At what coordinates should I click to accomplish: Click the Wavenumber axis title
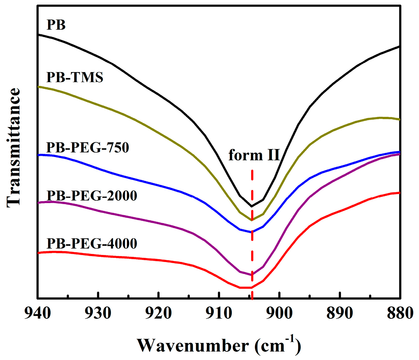(219, 345)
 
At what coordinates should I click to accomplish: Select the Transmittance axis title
(13, 147)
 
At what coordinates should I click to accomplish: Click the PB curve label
(56, 25)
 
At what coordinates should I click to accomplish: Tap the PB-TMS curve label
(75, 77)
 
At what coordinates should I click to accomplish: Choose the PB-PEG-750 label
(88, 147)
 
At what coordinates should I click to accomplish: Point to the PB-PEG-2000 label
(92, 196)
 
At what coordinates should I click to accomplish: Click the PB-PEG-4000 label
(92, 243)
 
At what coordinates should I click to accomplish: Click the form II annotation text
(254, 155)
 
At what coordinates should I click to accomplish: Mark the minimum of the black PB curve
(252, 206)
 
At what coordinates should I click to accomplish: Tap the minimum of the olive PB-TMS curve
(252, 220)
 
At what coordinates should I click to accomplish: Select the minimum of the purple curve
(252, 275)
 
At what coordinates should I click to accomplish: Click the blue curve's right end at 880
(399, 152)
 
